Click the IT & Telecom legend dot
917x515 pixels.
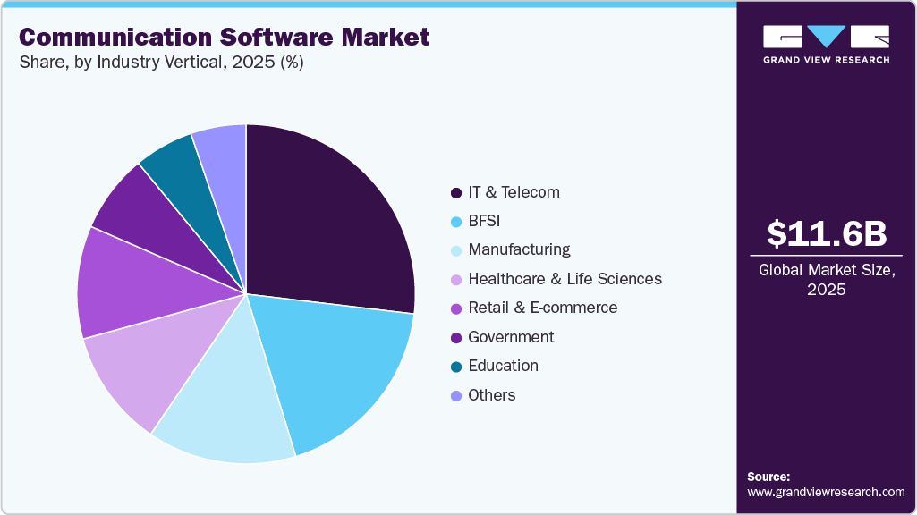[x=456, y=193]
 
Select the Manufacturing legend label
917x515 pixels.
[x=519, y=249]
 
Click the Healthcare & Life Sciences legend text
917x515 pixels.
[x=565, y=279]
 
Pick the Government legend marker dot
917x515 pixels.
[x=456, y=338]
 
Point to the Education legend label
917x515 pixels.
[x=503, y=366]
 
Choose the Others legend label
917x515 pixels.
[x=491, y=395]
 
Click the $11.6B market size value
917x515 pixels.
[x=827, y=233]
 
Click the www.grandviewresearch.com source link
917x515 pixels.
[x=826, y=492]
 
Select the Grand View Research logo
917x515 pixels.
[x=826, y=44]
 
